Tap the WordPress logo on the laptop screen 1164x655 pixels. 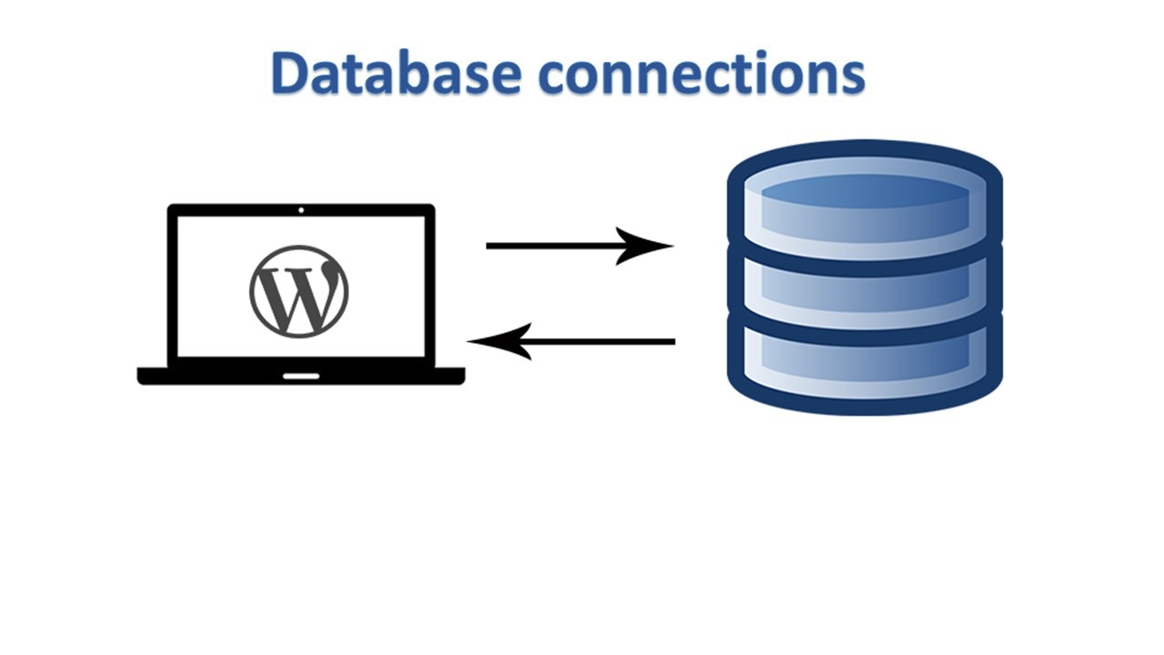click(299, 290)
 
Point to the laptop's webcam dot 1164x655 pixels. click(301, 210)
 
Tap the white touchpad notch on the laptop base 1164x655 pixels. click(301, 376)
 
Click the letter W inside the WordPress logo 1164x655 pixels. click(299, 292)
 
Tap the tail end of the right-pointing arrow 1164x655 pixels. click(491, 246)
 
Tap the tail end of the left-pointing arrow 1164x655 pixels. click(671, 342)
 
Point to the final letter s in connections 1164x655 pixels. click(851, 77)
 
